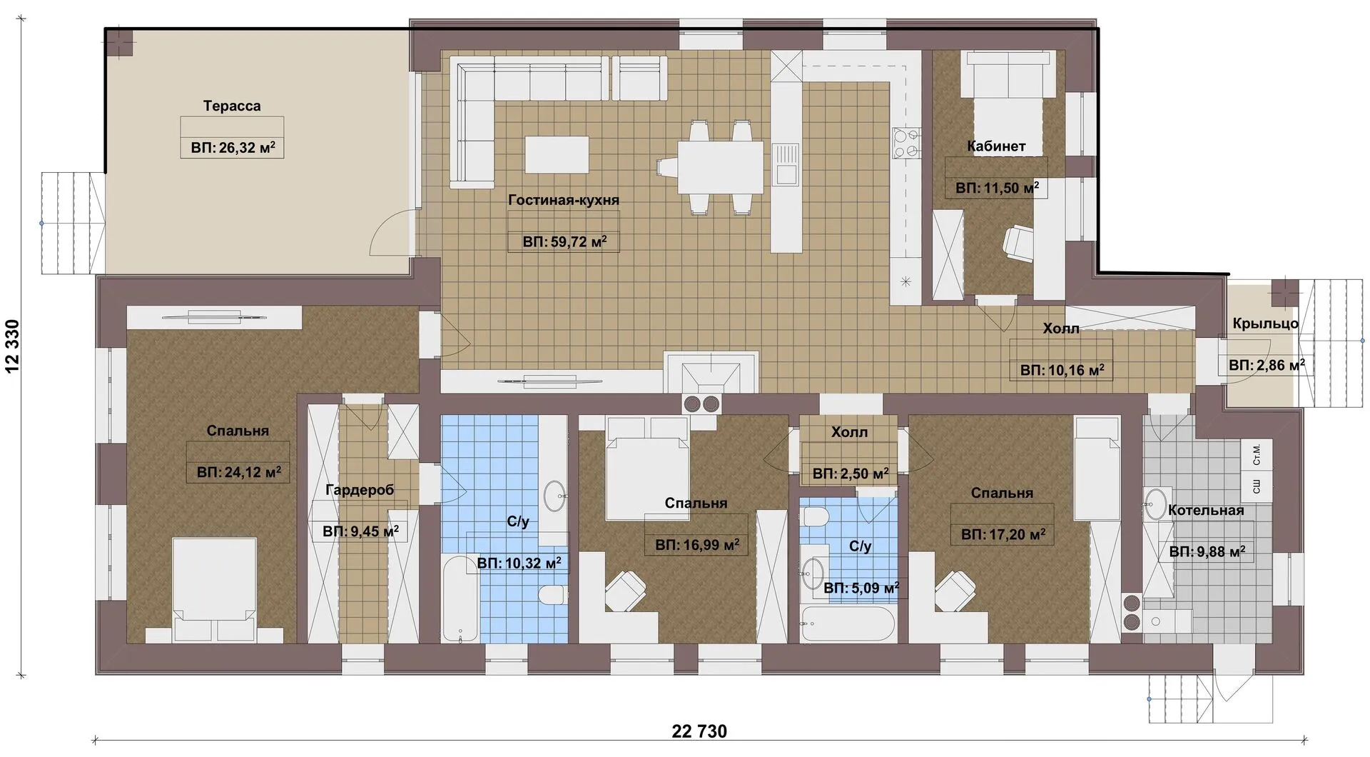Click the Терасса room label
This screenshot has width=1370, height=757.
[x=232, y=106]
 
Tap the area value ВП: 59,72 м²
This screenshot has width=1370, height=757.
[x=564, y=241]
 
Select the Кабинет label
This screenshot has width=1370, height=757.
[x=996, y=146]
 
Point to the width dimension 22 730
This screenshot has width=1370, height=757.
[x=699, y=731]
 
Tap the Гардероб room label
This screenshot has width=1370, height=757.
[x=360, y=490]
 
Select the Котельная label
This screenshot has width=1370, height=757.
[x=1206, y=511]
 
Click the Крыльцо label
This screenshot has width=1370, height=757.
[x=1266, y=324]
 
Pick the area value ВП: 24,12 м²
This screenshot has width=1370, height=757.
[x=238, y=472]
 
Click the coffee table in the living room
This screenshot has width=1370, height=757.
[x=557, y=154]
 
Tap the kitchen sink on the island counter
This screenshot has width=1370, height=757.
[x=786, y=164]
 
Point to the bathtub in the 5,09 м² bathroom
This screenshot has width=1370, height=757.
[x=848, y=623]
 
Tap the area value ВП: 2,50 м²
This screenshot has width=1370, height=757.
[x=850, y=473]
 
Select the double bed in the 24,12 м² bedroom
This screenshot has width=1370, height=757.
[x=215, y=590]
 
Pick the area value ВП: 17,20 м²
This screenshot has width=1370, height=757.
[x=1003, y=534]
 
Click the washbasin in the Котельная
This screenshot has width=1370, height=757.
[x=1156, y=503]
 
